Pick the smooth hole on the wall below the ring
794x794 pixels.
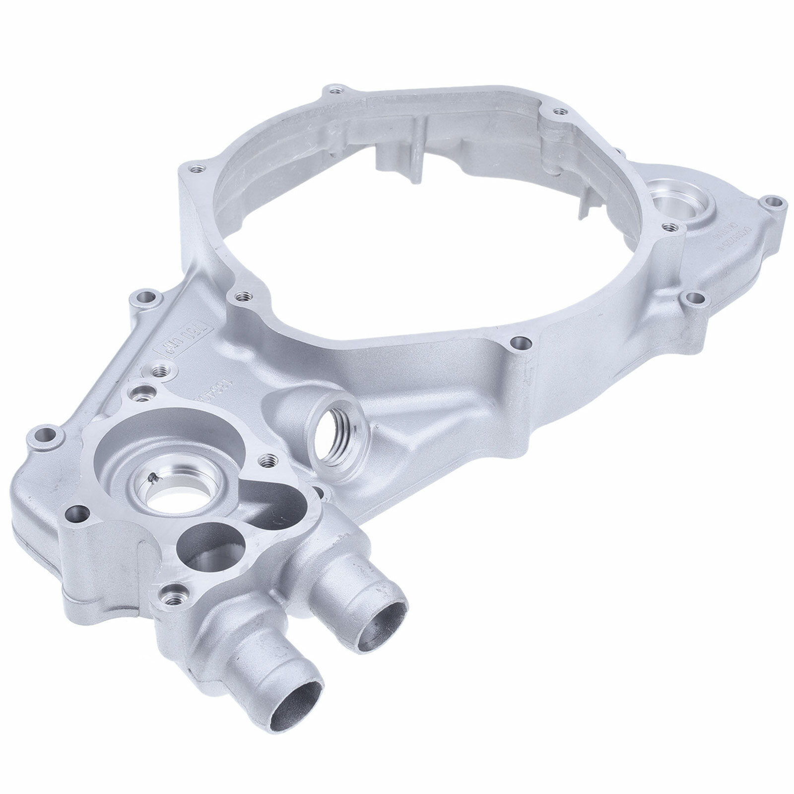519,341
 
